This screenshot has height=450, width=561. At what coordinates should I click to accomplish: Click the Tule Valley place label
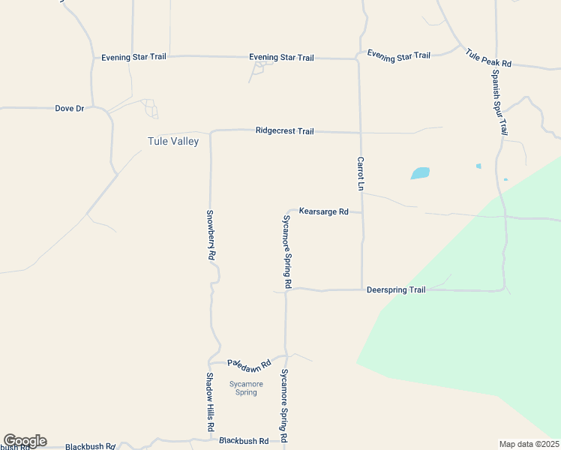click(x=173, y=141)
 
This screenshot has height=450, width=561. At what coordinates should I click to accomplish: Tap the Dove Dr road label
click(x=70, y=108)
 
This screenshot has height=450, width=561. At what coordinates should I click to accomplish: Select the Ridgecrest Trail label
click(x=284, y=130)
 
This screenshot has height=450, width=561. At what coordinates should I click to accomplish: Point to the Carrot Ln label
click(x=361, y=173)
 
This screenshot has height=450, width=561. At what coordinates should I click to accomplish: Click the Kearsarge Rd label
click(x=323, y=211)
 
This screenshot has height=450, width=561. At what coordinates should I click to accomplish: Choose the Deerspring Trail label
click(x=396, y=289)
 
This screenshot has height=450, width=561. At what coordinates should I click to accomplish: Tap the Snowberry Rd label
click(x=211, y=234)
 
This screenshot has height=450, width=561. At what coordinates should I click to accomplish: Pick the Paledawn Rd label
click(x=247, y=362)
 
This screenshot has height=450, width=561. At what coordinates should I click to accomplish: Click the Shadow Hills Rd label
click(x=211, y=403)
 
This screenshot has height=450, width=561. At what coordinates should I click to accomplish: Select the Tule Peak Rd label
click(x=488, y=58)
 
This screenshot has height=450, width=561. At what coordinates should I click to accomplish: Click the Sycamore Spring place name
click(x=246, y=388)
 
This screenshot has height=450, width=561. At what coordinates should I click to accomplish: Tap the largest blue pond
click(x=420, y=173)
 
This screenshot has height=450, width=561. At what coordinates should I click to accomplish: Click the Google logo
click(x=25, y=441)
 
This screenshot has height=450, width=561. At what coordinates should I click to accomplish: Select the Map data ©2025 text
click(x=529, y=444)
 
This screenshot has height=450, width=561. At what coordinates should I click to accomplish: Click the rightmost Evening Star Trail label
click(x=398, y=55)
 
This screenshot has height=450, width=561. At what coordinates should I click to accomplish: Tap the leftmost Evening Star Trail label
click(x=134, y=57)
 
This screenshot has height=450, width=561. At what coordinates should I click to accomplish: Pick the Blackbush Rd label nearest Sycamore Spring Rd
click(x=244, y=441)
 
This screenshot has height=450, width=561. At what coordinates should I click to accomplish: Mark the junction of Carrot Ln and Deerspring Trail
click(x=362, y=289)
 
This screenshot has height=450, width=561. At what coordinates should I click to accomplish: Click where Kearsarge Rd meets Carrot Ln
click(x=361, y=212)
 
